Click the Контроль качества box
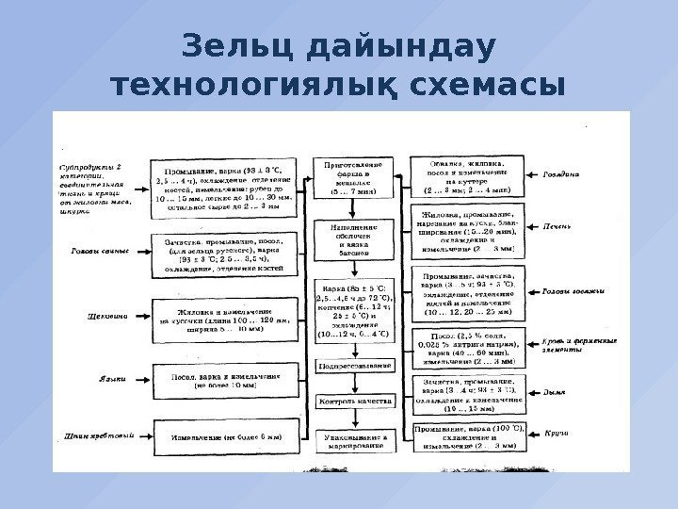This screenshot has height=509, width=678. click(x=354, y=402)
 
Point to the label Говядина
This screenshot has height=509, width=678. click(x=561, y=175)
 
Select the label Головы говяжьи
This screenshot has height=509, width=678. click(x=571, y=290)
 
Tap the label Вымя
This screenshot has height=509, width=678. click(x=555, y=389)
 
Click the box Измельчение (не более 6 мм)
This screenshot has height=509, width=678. click(x=225, y=438)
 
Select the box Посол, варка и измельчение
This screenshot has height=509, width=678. click(x=225, y=380)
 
